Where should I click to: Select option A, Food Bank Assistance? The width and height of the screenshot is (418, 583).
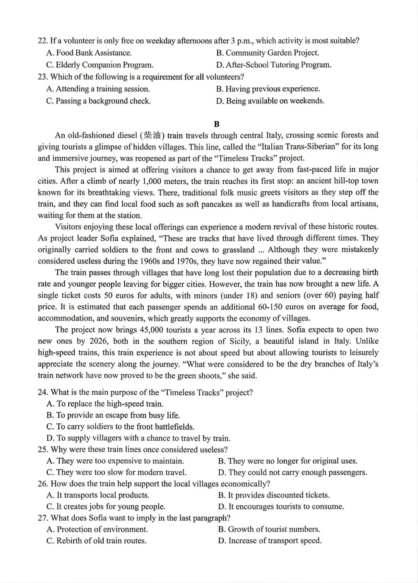point(89,53)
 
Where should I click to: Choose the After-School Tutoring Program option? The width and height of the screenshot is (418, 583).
point(274,65)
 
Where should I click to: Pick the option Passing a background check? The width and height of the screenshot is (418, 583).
point(98,101)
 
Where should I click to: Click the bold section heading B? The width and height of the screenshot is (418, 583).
point(216,124)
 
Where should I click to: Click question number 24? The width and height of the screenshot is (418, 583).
point(43,392)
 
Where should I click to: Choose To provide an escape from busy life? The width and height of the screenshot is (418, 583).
point(113,416)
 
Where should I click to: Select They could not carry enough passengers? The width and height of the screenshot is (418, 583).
point(293,472)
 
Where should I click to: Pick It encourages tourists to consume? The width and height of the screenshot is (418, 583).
point(281,506)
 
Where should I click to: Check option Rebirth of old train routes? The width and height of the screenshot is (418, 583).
point(96,541)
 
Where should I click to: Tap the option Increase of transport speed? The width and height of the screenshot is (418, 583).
point(270,541)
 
